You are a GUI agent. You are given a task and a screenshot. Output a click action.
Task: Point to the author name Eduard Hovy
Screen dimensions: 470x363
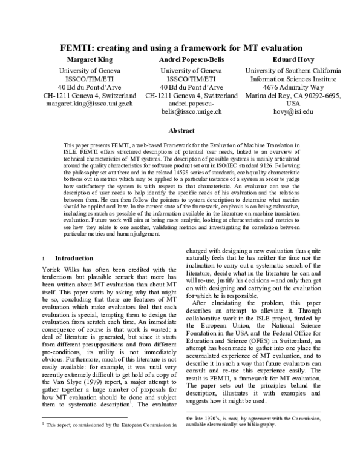coord(293,60)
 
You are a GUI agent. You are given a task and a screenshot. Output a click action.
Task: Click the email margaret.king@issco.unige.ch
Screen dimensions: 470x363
coord(90,104)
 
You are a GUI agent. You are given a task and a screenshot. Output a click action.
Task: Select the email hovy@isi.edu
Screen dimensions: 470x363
coord(293,112)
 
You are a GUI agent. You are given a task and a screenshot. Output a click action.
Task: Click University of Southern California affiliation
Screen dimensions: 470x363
coord(293,71)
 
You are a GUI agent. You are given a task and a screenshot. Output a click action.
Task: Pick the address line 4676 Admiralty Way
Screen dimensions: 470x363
coord(293,87)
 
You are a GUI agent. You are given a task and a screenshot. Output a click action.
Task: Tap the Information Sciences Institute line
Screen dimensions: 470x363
coord(293,79)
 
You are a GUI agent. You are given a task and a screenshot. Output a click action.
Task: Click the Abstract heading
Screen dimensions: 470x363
coord(181,131)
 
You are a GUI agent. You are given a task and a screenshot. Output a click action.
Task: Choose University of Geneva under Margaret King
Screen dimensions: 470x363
coord(90,71)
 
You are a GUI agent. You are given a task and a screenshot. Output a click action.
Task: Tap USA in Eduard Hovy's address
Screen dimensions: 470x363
coord(293,104)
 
